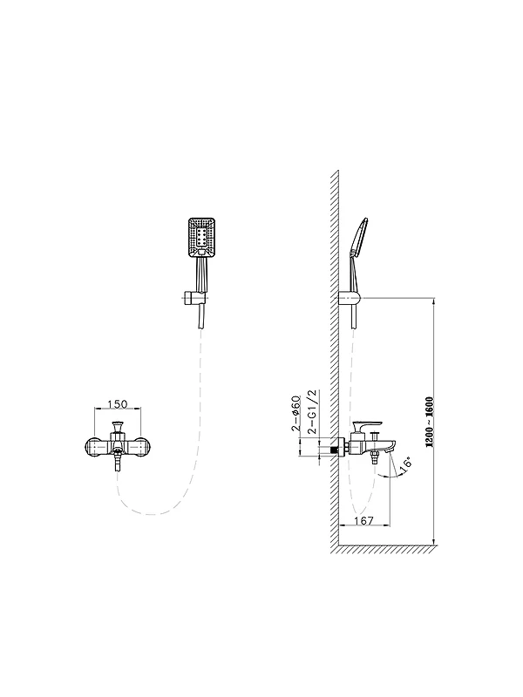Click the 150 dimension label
pyautogui.click(x=118, y=404)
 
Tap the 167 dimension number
pyautogui.click(x=364, y=520)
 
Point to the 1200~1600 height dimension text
pyautogui.click(x=429, y=422)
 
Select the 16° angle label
pyautogui.click(x=405, y=463)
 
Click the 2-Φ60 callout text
pyautogui.click(x=296, y=413)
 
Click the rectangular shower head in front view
pyautogui.click(x=202, y=238)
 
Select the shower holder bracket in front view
pyautogui.click(x=194, y=297)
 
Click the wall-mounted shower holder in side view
pyautogui.click(x=350, y=298)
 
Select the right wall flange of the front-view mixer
pyautogui.click(x=141, y=447)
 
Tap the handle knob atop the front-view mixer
pyautogui.click(x=118, y=426)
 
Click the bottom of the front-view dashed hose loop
pyautogui.click(x=151, y=514)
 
